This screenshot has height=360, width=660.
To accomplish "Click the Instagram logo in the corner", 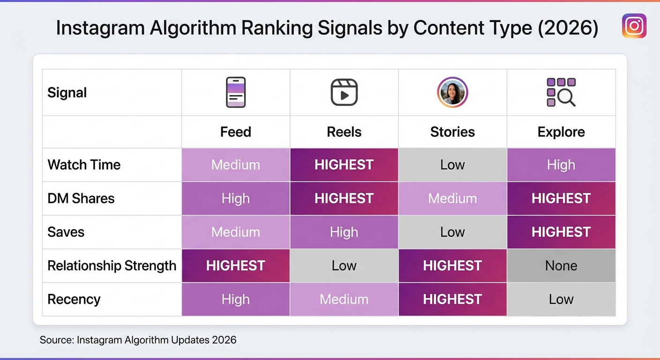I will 634,26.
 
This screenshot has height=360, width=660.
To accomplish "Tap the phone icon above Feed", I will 235,92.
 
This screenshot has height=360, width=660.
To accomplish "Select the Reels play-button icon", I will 344,92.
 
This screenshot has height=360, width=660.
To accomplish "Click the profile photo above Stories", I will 452,92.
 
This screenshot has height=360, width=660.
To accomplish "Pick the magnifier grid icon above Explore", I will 561,92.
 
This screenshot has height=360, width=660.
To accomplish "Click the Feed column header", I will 235,132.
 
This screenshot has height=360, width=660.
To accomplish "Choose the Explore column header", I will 561,132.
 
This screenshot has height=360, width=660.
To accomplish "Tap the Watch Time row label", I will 84,165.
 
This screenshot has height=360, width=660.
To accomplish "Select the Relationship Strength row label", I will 112,266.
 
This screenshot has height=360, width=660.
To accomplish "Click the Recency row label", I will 74,300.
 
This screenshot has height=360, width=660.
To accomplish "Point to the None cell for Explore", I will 561,266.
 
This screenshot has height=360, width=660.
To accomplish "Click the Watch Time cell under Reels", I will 344,165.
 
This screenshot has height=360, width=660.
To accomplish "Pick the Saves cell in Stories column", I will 452,232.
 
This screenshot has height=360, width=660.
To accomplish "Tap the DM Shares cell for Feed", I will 235,198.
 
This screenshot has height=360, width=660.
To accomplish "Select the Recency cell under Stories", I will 452,300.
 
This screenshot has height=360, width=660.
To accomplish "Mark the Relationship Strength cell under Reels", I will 344,266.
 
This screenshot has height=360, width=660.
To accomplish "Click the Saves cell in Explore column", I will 561,232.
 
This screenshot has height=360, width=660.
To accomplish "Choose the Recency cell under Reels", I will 344,300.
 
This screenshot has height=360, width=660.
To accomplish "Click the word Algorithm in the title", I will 193,28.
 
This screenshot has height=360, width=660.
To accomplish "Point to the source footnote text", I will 138,340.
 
